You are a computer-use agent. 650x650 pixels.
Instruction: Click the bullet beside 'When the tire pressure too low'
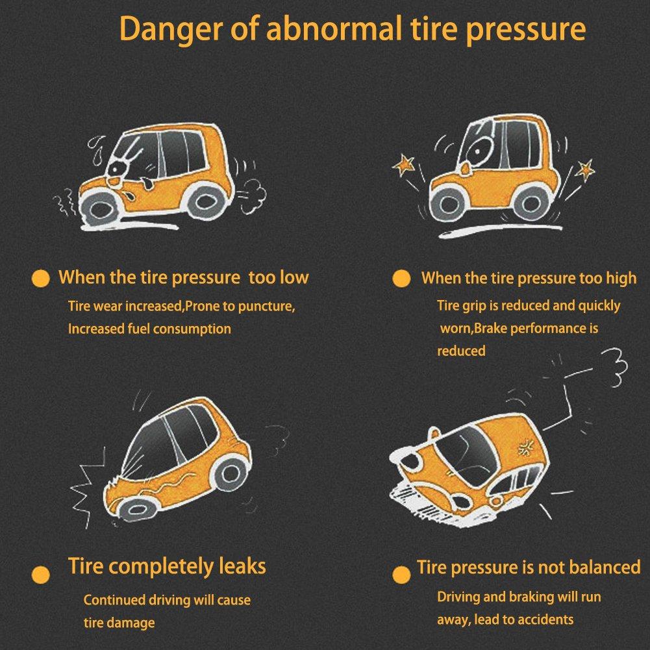(x=41, y=279)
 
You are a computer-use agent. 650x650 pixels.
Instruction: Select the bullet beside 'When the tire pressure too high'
(x=401, y=279)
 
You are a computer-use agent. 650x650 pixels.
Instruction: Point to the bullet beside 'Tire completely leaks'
(x=41, y=575)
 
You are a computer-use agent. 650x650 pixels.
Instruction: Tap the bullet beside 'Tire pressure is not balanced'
(x=401, y=575)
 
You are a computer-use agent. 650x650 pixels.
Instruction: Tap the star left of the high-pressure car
(x=404, y=165)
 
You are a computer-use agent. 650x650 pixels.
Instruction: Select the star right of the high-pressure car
(x=585, y=169)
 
